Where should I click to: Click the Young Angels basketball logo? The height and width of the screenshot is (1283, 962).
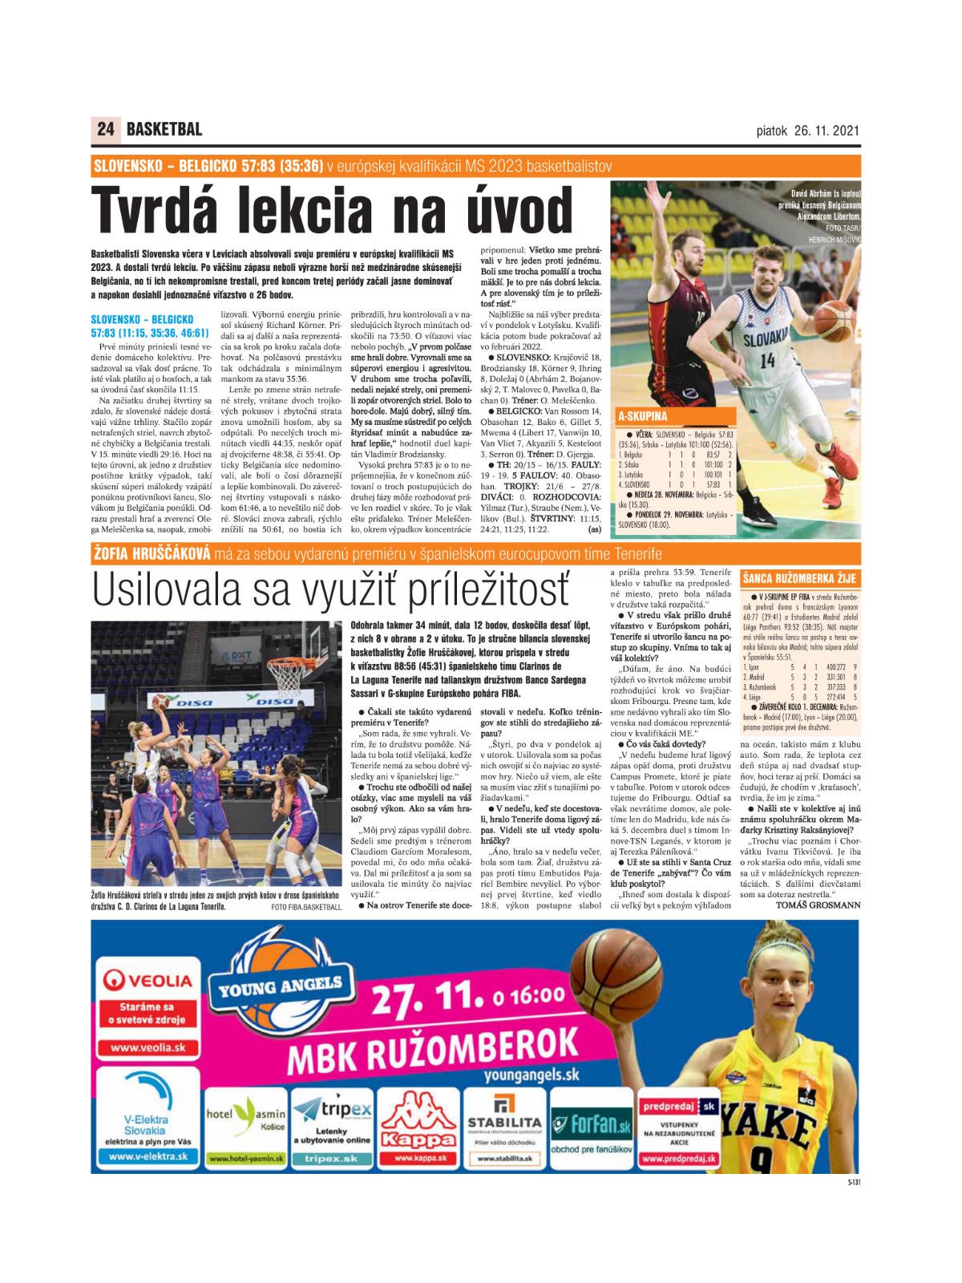(x=281, y=986)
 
